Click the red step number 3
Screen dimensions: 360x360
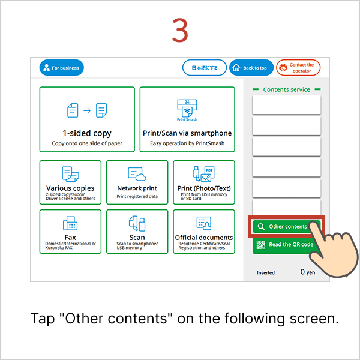tap(180, 31)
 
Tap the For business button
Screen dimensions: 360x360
tap(62, 68)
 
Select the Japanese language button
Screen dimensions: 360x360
tap(204, 68)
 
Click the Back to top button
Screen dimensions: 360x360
tap(251, 68)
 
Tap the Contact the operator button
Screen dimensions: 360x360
tap(298, 68)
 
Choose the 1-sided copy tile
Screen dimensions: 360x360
tap(87, 119)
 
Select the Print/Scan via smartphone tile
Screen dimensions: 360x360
tap(187, 119)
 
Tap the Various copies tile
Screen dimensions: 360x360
tap(70, 182)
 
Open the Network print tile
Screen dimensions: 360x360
tap(137, 182)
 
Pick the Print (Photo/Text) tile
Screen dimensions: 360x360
tap(204, 182)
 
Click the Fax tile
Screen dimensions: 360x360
tap(70, 231)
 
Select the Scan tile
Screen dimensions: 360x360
tap(137, 231)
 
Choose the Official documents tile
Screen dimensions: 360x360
tap(204, 231)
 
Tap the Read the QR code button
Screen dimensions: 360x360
tap(286, 245)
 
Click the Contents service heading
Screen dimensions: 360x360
tap(287, 89)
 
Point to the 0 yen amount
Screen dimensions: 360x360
tap(308, 272)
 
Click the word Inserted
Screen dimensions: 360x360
tap(266, 273)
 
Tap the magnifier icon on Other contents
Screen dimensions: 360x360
tap(261, 227)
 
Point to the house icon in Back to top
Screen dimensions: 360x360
tap(236, 68)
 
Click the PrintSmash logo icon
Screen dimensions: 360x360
tap(187, 109)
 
